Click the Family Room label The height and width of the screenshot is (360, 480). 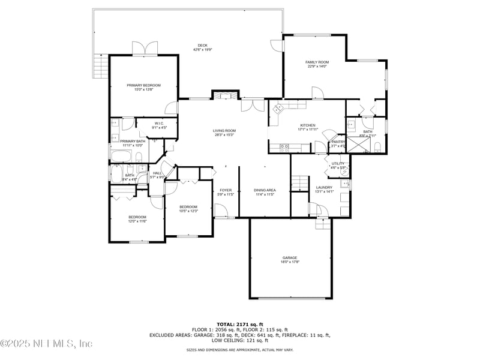(317, 64)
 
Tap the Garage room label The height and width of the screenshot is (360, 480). (290, 259)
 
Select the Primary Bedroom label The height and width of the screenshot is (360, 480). (144, 87)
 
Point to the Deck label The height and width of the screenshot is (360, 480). (203, 47)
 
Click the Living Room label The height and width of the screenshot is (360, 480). (224, 133)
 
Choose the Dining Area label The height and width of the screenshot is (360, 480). (265, 192)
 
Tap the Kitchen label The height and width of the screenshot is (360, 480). (307, 127)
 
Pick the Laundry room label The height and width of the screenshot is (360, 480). (324, 190)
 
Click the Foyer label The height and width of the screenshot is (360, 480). (225, 192)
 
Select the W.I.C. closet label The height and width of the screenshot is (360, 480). (159, 125)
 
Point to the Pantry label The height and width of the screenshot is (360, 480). (338, 143)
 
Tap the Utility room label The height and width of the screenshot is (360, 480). (338, 165)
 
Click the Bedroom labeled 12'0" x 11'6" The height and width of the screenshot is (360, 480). (137, 219)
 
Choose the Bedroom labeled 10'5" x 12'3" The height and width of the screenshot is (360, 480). (188, 209)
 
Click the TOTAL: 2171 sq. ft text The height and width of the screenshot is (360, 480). (240, 324)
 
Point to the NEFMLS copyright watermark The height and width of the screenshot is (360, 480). (46, 343)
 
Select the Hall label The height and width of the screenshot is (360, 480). (157, 175)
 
